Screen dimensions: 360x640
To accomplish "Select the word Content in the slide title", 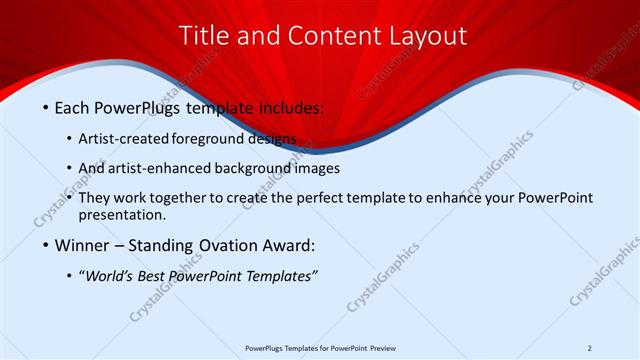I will [322, 36].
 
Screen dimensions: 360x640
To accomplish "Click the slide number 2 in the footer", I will [590, 348].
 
